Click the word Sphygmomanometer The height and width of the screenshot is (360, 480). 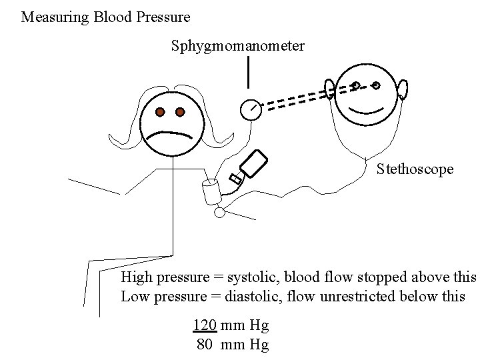pos(238,46)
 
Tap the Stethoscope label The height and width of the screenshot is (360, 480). pos(415,169)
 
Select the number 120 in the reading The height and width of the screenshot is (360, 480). pos(204,326)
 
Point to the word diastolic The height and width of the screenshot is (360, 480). pos(254,296)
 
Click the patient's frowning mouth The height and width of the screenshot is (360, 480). pos(171,134)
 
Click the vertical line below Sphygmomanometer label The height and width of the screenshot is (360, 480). pos(248,72)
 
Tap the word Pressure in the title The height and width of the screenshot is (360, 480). pos(164,16)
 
